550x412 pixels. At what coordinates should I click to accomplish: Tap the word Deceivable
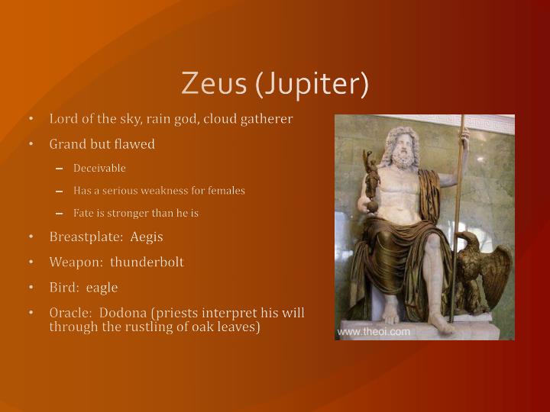click(99, 168)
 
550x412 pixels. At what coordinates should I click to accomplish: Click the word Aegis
click(147, 237)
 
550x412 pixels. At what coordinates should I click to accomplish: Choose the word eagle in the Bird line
click(102, 288)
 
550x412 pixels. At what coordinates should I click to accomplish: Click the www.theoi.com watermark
click(374, 331)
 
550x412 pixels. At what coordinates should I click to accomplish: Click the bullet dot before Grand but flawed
click(31, 144)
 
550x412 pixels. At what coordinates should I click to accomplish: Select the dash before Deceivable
click(60, 169)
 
